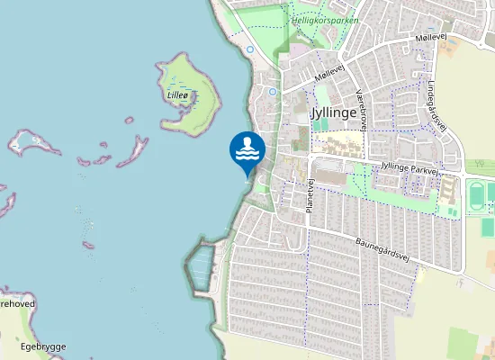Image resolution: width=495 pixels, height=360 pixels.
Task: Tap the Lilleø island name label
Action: click(x=178, y=93)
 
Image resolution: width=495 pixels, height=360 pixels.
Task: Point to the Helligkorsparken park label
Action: click(x=325, y=19)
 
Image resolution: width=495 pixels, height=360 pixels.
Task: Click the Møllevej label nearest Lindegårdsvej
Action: click(x=431, y=38)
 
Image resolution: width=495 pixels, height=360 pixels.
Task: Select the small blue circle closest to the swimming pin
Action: click(x=272, y=92)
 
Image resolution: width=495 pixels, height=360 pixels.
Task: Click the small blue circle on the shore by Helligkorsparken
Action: click(x=249, y=49)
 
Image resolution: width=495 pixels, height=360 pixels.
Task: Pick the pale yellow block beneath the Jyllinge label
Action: click(x=339, y=144)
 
